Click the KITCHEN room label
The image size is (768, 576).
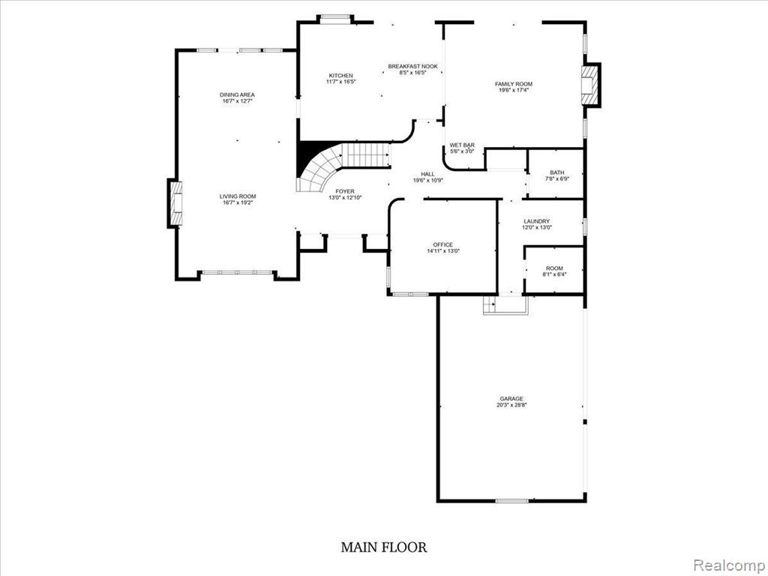pos(341,76)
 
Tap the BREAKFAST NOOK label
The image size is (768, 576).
pos(413,66)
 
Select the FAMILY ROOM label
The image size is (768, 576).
pos(513,84)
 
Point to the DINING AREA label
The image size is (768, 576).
pos(237,94)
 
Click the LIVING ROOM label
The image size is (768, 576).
pos(238,196)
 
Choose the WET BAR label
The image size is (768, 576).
pos(462,145)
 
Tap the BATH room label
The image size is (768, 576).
pos(557,172)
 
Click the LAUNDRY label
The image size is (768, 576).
pos(536,221)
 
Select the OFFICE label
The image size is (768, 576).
pos(442,244)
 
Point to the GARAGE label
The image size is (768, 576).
pos(511,399)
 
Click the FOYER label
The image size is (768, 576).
pos(345,191)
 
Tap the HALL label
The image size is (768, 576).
pos(427,174)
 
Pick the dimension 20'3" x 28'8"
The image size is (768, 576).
pos(511,404)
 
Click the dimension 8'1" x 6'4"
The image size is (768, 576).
pos(554,274)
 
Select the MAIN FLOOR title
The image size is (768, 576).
pos(384,547)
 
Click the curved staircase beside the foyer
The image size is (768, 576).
pos(343,166)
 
